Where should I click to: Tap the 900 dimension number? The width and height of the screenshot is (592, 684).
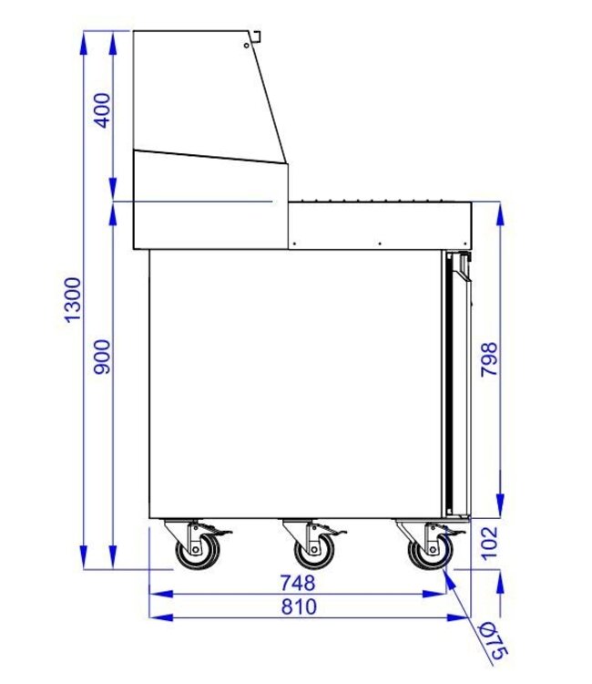click(102, 356)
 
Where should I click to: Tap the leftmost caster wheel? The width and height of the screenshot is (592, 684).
click(193, 550)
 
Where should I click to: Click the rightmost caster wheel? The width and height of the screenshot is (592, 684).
click(427, 550)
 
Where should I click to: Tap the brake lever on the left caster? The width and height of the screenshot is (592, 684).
click(217, 532)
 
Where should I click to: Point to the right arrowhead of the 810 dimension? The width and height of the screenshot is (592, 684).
click(463, 617)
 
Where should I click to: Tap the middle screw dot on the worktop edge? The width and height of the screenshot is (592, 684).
click(379, 244)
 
